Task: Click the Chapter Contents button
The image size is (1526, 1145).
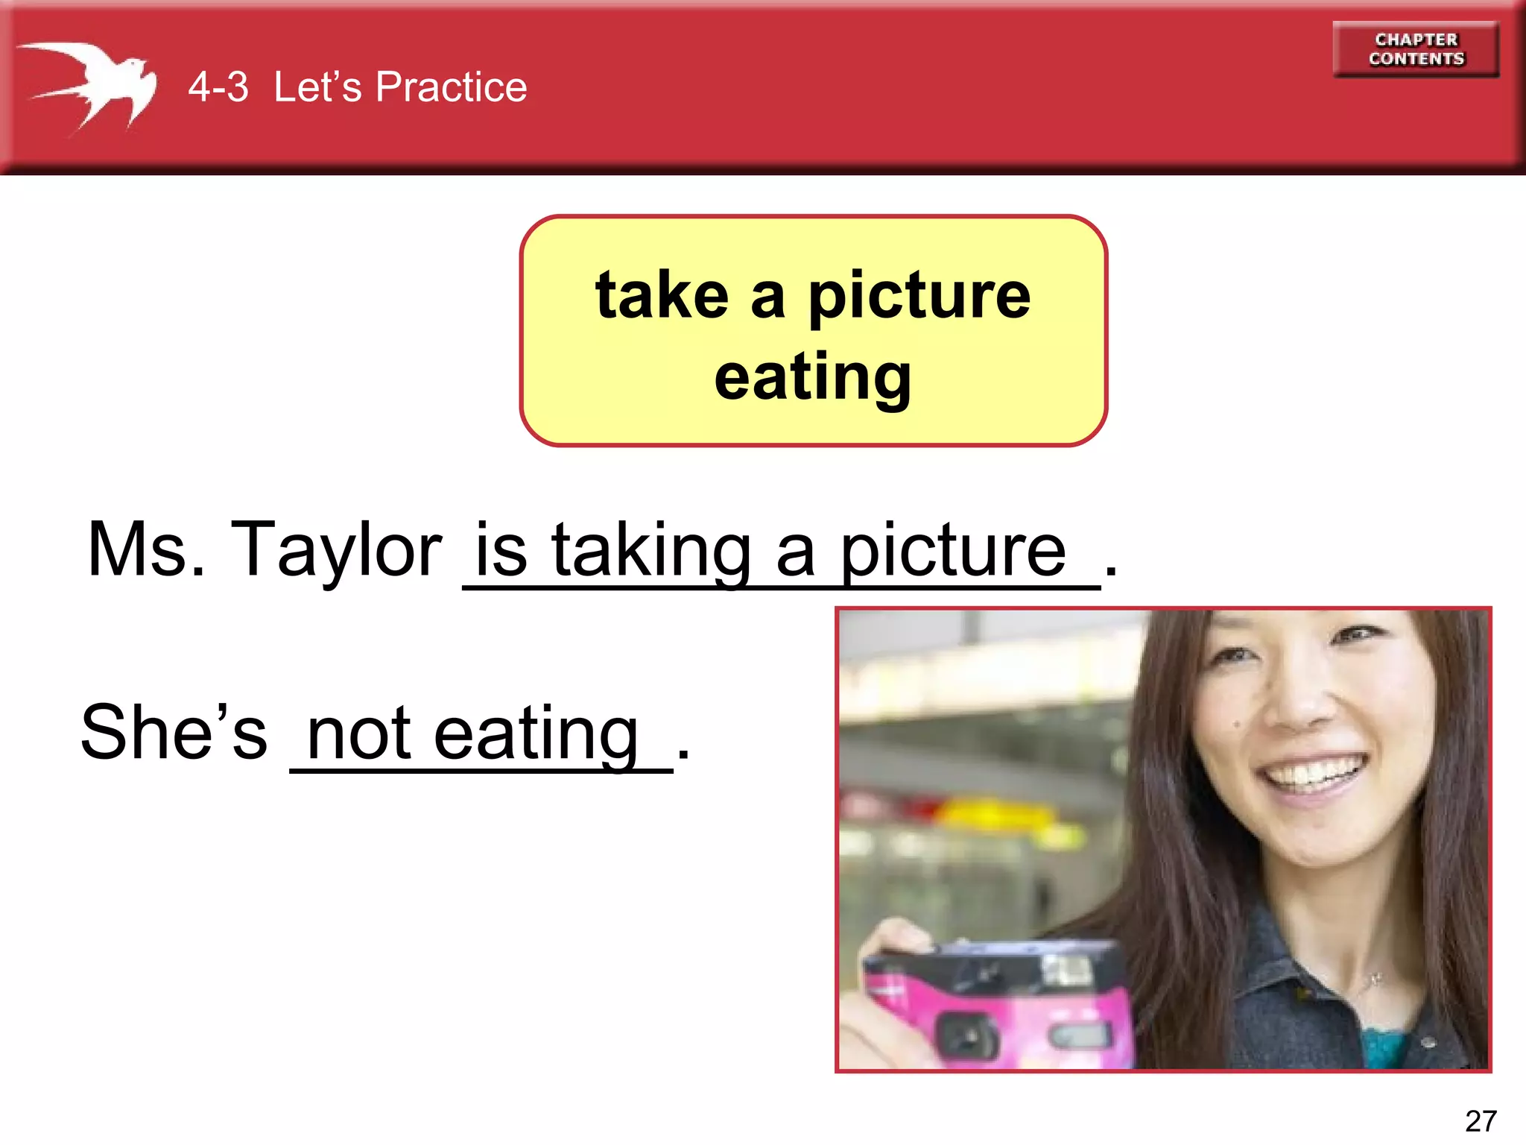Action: click(1416, 49)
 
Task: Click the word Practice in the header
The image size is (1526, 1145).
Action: click(451, 87)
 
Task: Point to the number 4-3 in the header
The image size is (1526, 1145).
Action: click(218, 87)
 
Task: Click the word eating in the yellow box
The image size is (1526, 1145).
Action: click(812, 377)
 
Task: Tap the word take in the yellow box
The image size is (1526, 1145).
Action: click(662, 295)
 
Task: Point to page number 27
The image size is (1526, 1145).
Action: click(1480, 1121)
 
